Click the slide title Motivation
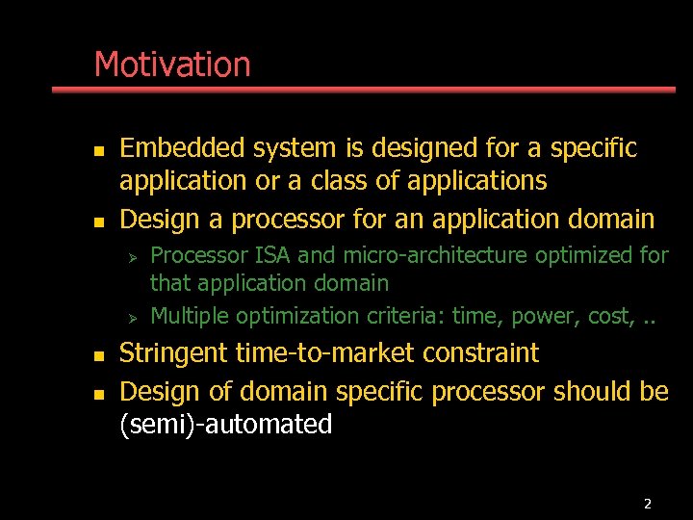coord(172,65)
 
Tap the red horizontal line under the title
coord(364,90)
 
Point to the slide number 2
coord(647,504)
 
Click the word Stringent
coord(173,353)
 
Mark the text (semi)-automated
coord(225,425)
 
